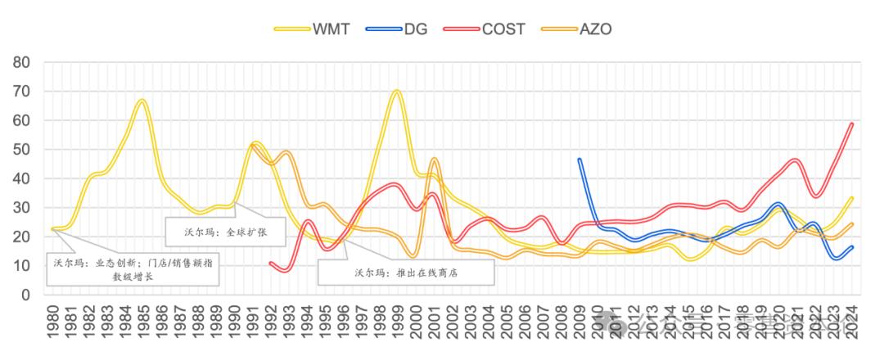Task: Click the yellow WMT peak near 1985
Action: [142, 101]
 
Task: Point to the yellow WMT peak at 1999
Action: [398, 91]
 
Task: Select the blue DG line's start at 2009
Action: [580, 160]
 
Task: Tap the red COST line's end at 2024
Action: [852, 124]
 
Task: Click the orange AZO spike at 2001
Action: [434, 160]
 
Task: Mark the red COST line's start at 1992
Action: [270, 263]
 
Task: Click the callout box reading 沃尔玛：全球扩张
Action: [224, 232]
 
